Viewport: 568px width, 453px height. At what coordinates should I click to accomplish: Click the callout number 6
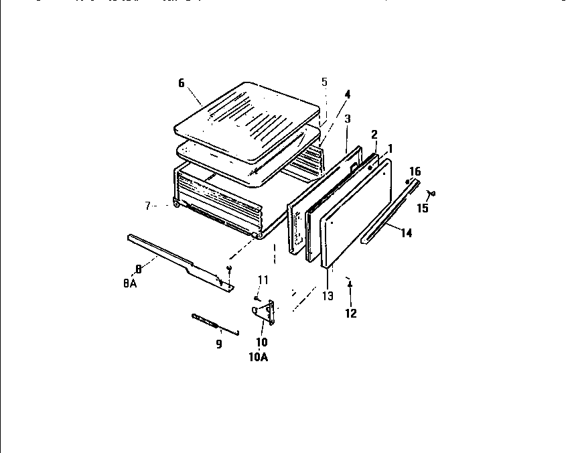pos(181,83)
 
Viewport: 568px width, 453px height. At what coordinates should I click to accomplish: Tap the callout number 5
pos(324,82)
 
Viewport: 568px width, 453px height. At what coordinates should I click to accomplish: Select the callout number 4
pos(347,94)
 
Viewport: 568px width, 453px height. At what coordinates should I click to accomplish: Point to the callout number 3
pos(347,119)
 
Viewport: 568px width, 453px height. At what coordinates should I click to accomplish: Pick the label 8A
pos(130,283)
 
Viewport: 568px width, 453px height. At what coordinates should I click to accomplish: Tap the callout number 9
pos(218,344)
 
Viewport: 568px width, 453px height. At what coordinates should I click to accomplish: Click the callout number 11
pos(263,279)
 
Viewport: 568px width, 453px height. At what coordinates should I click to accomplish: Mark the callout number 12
pos(351,313)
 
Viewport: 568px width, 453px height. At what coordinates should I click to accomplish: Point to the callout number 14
pos(407,233)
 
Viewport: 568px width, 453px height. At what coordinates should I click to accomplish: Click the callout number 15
pos(423,208)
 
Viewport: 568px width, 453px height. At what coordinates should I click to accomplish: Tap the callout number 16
pos(415,172)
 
